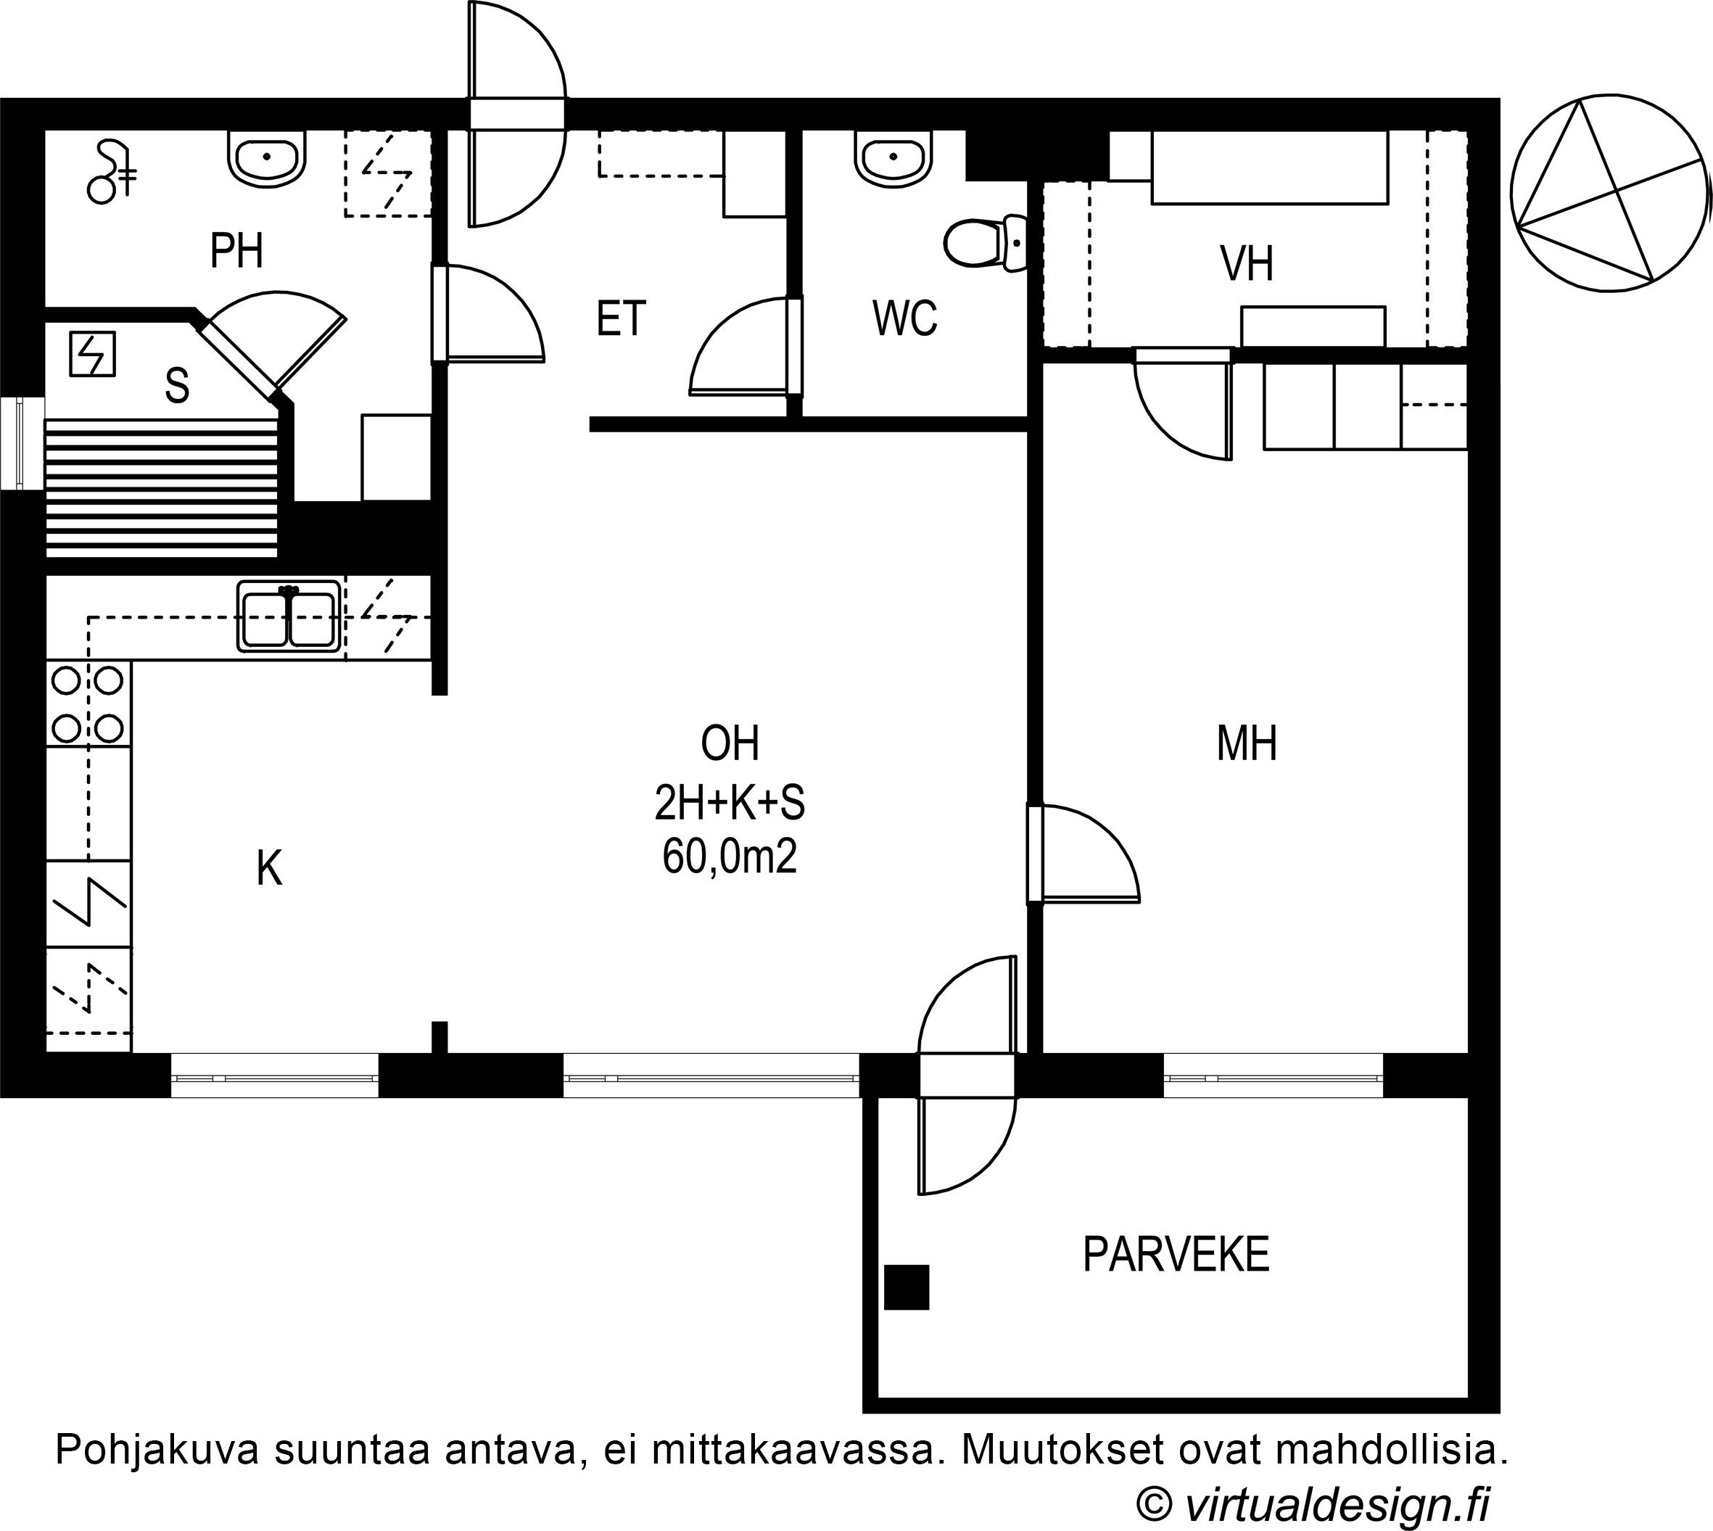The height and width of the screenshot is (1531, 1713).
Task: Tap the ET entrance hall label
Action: (x=621, y=319)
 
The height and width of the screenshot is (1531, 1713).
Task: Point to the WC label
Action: (x=904, y=319)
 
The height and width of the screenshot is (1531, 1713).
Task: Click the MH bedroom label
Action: (x=1247, y=743)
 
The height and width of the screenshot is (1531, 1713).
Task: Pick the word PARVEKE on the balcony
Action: (x=1176, y=1255)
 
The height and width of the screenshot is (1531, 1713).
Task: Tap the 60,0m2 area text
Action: (x=730, y=858)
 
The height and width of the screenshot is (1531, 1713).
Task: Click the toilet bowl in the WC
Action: (x=985, y=243)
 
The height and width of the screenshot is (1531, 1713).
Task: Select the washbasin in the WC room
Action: (x=893, y=157)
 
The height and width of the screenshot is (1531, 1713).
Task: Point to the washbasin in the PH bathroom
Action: (x=267, y=158)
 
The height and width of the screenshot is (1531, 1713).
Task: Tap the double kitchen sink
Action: (x=289, y=616)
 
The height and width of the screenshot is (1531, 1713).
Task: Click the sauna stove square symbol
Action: (x=91, y=353)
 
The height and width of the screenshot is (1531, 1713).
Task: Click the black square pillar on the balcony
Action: (x=906, y=1287)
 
